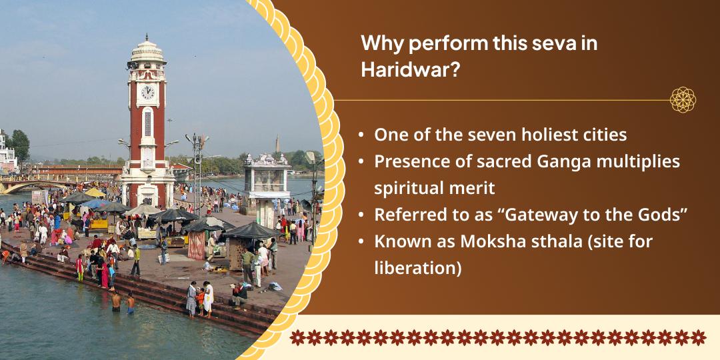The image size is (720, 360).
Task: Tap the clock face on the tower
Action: tap(147, 92)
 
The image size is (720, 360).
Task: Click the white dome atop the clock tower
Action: tap(147, 48)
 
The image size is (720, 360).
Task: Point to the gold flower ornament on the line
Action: tap(683, 100)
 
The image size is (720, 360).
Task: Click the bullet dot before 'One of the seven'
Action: tap(361, 135)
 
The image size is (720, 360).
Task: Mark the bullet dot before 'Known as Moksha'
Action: tap(361, 242)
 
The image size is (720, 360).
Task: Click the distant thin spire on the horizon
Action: tap(277, 143)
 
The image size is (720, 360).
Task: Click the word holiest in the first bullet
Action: tap(547, 135)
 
